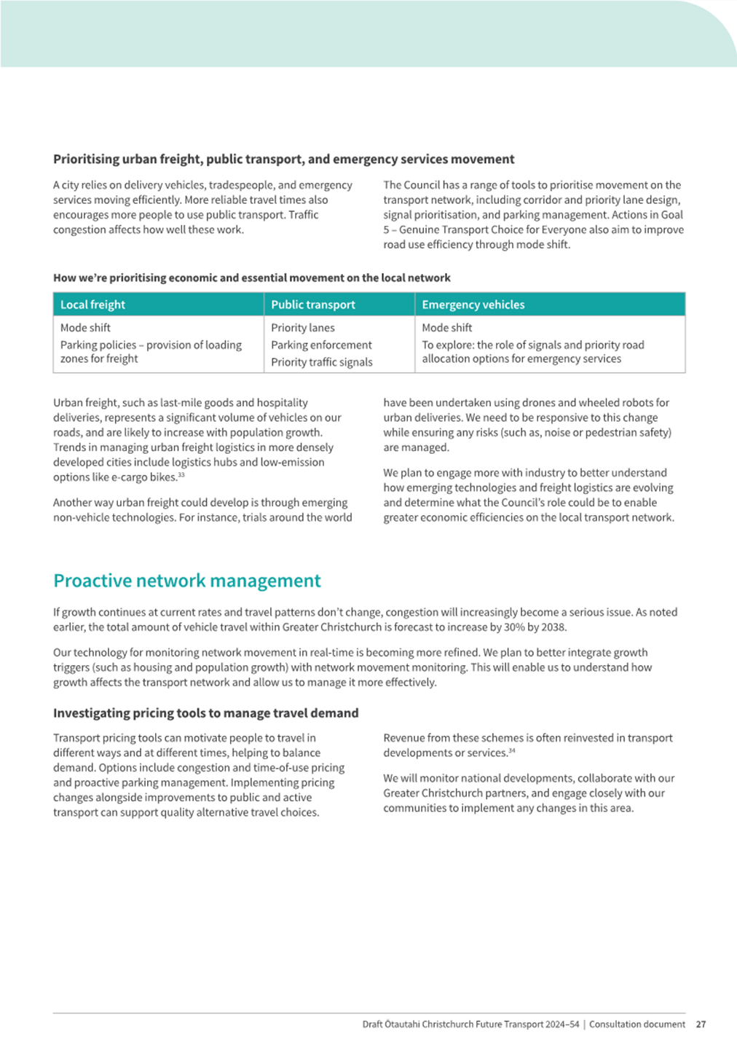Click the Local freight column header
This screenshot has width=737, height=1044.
tap(92, 305)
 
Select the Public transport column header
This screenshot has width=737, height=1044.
tap(313, 305)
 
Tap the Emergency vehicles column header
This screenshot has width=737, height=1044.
tap(473, 305)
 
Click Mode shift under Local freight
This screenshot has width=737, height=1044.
tap(85, 328)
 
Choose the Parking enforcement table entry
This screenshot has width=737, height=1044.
tap(321, 345)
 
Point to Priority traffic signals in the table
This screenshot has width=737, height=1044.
tap(321, 362)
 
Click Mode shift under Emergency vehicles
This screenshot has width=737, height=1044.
tap(446, 328)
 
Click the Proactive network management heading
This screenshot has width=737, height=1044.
tap(186, 581)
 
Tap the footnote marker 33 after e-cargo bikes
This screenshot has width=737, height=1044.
tap(181, 475)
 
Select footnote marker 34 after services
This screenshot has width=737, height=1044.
tap(512, 750)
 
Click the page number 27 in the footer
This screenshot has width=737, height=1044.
tap(701, 1024)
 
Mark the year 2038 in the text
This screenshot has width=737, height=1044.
tap(553, 627)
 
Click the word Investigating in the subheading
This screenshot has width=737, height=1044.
tap(93, 713)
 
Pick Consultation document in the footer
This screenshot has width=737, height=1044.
tap(636, 1024)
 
